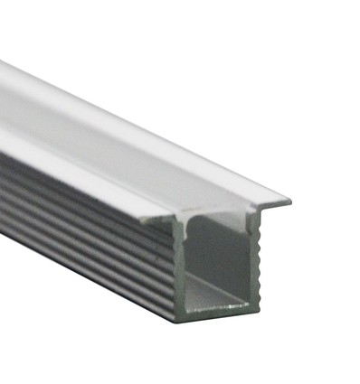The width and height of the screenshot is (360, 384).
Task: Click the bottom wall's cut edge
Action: point(213,316)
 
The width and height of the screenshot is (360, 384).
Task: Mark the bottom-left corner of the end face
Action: point(176,319)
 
